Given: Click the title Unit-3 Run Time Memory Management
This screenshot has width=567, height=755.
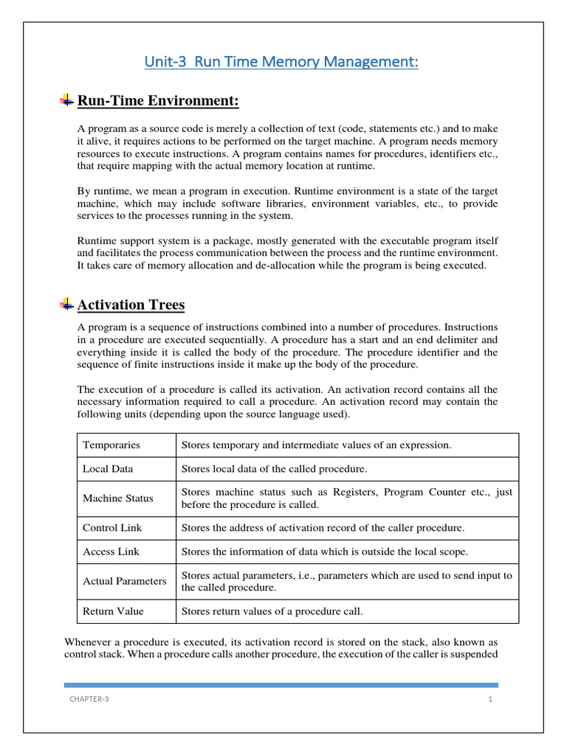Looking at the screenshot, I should point(281,63).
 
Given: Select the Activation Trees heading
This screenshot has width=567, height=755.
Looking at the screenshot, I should point(131,305).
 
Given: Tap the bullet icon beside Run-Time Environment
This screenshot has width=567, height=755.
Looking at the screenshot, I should point(66,100).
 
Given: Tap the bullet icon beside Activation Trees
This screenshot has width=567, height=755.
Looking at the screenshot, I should point(66,304).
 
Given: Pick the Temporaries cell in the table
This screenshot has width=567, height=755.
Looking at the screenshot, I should point(111,445).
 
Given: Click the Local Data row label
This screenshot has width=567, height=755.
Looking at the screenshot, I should point(109,469).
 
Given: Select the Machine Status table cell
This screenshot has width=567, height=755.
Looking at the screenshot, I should point(118,498).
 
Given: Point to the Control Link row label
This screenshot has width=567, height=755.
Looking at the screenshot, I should point(112,528).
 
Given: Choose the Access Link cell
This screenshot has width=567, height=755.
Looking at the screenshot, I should point(111,552).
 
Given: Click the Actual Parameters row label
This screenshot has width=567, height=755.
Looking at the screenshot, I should point(125,581).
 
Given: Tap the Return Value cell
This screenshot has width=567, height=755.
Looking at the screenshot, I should point(113,611).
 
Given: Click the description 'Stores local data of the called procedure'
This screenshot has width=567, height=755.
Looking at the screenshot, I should point(274,469).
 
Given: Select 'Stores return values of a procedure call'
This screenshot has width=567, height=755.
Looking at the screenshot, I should point(272,611).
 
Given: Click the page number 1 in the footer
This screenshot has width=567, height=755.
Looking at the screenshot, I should point(489,699).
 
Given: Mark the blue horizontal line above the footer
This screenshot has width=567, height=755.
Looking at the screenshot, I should point(281,685).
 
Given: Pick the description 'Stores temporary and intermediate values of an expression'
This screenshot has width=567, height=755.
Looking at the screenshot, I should point(316,445).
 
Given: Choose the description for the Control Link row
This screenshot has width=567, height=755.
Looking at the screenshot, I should point(323,528).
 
